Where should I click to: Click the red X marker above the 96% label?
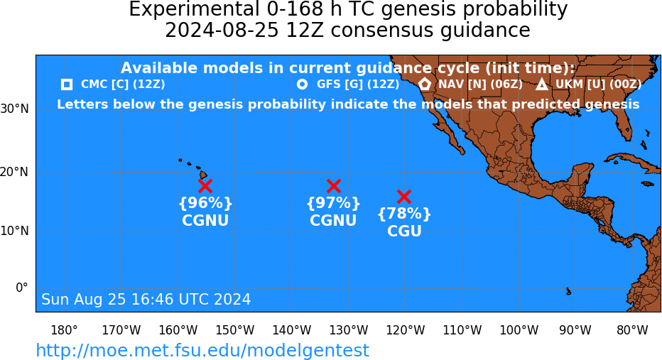[205, 186]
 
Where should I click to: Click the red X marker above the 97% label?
[334, 186]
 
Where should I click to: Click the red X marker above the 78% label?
[404, 196]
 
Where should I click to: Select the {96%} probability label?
[205, 203]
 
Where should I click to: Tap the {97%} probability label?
[333, 203]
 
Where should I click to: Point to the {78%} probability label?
[404, 214]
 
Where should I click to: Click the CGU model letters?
[404, 231]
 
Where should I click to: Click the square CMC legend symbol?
[66, 84]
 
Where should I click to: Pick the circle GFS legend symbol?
[302, 84]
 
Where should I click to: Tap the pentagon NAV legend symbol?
[425, 84]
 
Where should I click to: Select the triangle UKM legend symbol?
[542, 84]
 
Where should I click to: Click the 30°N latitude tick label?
[15, 109]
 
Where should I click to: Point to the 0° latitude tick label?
[22, 288]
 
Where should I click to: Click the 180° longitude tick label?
[64, 330]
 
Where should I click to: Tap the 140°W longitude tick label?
[292, 330]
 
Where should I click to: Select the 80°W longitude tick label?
[632, 330]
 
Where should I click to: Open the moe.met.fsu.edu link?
[202, 350]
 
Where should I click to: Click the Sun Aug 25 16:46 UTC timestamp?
[146, 299]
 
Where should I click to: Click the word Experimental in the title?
[194, 9]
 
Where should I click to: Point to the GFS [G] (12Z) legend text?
[358, 84]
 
